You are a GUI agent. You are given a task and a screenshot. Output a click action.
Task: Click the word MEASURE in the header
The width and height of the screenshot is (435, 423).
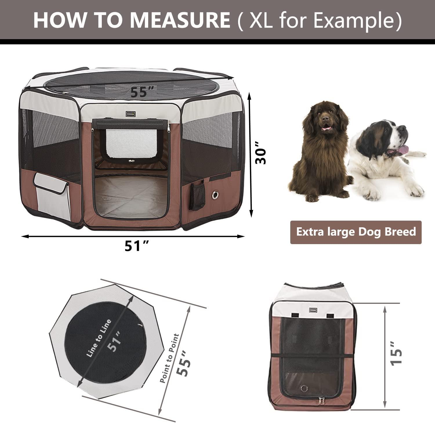(180, 19)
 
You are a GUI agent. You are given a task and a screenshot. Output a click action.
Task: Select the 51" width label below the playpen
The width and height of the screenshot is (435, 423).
(137, 246)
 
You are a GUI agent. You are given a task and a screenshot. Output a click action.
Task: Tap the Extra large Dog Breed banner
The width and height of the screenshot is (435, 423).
(356, 232)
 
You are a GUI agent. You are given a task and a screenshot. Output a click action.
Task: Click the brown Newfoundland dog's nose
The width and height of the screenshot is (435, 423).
(325, 119)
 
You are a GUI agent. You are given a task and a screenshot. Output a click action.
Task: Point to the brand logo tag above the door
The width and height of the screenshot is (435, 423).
(131, 114)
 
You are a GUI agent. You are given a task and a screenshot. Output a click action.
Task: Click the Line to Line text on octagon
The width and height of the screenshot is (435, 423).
(99, 337)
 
